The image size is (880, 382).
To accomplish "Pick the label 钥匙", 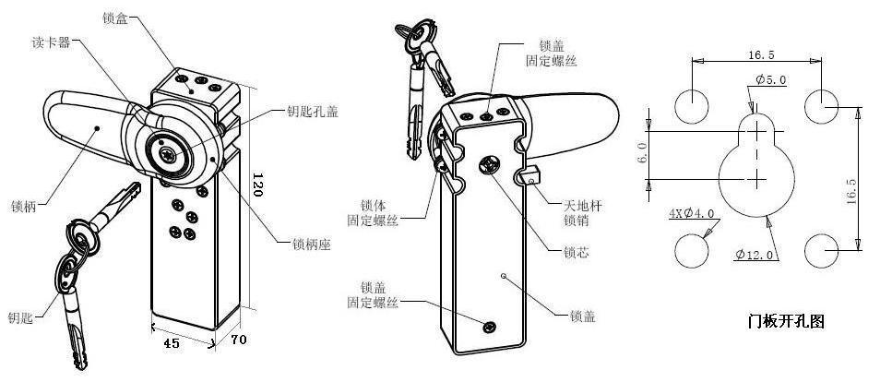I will click(x=20, y=318).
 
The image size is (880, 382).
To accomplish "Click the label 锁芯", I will click(x=577, y=250).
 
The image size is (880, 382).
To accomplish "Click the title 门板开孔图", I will click(x=786, y=322).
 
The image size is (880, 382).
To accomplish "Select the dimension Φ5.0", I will click(x=769, y=80).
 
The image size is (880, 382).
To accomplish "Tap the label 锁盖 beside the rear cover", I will click(x=583, y=316).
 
